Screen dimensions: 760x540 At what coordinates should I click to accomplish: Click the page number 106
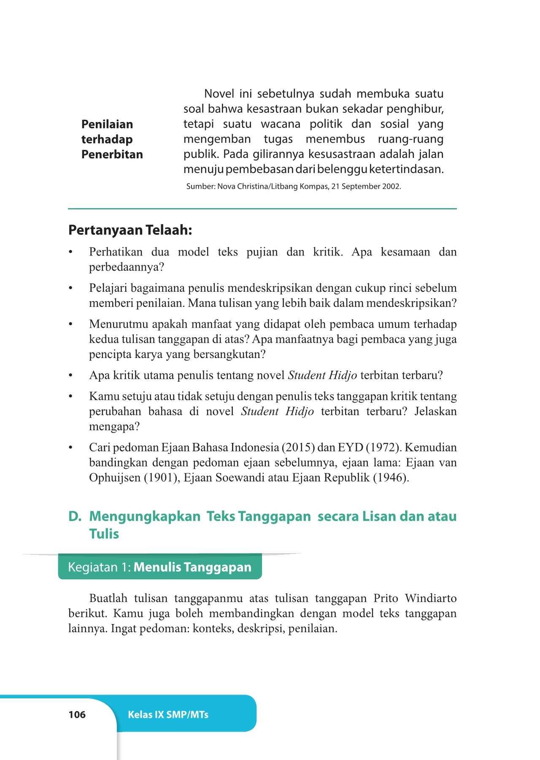tap(77, 714)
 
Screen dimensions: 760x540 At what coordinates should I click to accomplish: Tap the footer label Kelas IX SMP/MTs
tap(168, 714)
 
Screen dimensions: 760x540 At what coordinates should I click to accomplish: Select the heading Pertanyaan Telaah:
tap(130, 230)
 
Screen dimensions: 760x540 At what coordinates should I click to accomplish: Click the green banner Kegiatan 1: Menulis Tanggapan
tap(159, 567)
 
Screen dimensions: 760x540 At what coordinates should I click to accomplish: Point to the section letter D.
tap(75, 516)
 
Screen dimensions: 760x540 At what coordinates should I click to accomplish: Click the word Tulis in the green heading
tap(104, 534)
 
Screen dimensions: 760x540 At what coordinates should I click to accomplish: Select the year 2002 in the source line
tap(391, 186)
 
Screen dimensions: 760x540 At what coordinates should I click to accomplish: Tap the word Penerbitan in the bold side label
tap(112, 155)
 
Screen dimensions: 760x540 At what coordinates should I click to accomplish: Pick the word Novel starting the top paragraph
tap(219, 94)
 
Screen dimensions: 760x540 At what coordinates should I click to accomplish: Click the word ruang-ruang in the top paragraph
tap(410, 139)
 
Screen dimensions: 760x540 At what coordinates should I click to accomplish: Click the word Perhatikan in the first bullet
tap(116, 252)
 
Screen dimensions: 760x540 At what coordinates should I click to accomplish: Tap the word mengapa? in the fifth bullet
tap(114, 426)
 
